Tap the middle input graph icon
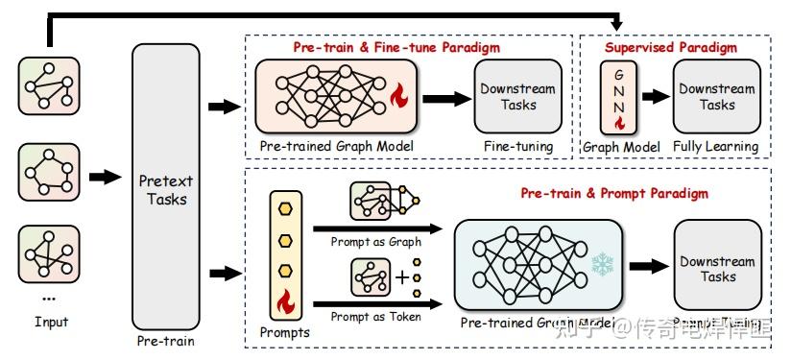45,173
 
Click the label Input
51,322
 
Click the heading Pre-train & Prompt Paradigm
614,193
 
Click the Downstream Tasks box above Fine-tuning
517,97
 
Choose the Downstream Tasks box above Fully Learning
716,97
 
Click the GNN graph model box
619,97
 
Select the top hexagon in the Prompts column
284,209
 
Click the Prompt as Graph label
375,242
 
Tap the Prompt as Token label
375,316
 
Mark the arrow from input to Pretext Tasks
105,177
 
